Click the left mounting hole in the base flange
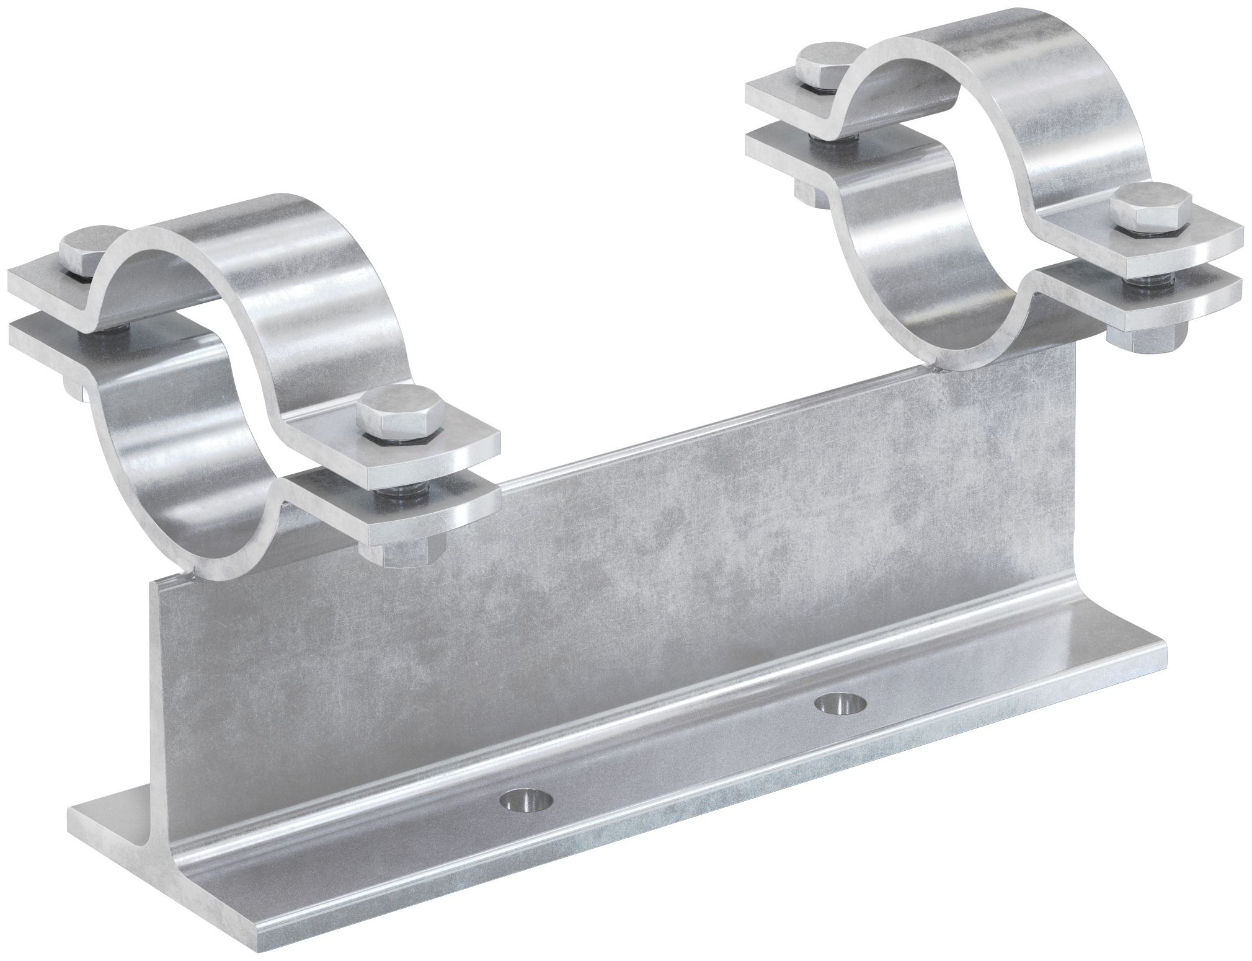(x=526, y=800)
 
